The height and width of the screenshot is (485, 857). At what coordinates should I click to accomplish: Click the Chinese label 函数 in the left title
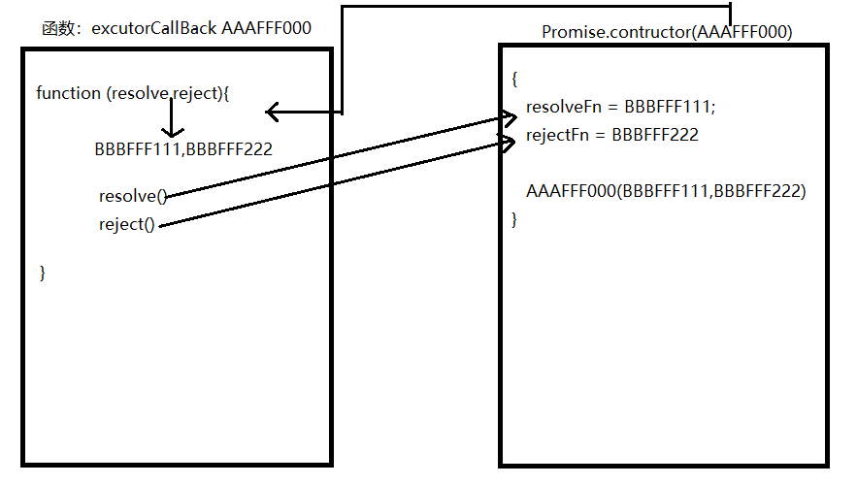click(58, 28)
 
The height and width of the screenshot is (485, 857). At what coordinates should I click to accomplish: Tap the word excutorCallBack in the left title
click(154, 28)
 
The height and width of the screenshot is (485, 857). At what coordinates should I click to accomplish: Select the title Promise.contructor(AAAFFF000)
click(667, 32)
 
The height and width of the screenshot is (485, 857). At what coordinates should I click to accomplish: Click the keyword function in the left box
click(68, 93)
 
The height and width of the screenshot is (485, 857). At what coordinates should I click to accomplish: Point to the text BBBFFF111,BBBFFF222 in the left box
click(183, 149)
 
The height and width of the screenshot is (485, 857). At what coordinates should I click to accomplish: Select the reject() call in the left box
click(127, 225)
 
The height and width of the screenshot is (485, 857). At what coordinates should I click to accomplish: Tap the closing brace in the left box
click(43, 273)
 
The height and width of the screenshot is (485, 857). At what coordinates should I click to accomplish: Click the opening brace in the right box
click(514, 79)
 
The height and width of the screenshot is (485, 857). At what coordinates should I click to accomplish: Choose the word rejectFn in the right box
click(556, 135)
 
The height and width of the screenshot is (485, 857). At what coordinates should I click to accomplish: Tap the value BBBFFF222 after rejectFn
click(655, 135)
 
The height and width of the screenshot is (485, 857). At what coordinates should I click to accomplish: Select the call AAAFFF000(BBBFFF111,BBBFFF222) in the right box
click(666, 191)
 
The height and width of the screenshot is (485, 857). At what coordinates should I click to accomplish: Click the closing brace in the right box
click(514, 220)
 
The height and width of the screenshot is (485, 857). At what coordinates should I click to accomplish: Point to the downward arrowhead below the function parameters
click(172, 133)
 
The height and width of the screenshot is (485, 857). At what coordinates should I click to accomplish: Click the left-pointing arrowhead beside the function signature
click(273, 113)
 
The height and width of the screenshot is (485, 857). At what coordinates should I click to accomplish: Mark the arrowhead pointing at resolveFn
click(511, 118)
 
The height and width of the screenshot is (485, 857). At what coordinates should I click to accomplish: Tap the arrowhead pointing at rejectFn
click(509, 143)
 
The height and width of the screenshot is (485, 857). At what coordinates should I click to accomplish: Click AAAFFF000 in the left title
click(267, 28)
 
